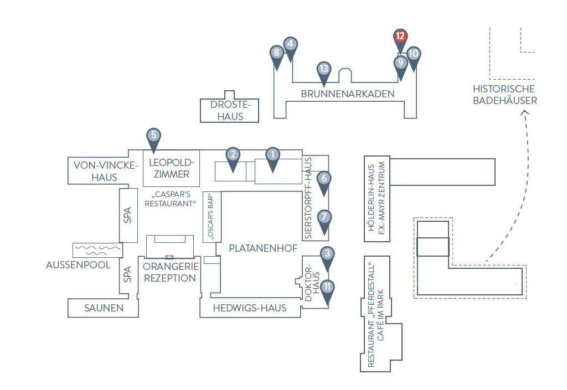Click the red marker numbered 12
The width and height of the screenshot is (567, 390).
[x=400, y=38]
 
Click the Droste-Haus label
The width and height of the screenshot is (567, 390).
[x=230, y=111]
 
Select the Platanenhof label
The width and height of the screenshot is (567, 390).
[x=263, y=248]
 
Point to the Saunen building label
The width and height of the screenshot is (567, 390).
[x=104, y=308]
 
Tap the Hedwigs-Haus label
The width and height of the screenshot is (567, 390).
[x=250, y=308]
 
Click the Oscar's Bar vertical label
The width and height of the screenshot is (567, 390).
[x=210, y=217]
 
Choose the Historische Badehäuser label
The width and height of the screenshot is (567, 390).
[x=505, y=95]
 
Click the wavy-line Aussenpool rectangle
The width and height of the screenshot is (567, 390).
[x=97, y=250]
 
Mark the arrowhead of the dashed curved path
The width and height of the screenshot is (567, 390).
[x=525, y=112]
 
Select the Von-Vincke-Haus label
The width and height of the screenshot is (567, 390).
[x=105, y=171]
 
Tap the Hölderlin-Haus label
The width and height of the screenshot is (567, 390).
[x=370, y=198]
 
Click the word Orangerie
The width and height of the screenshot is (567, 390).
[x=171, y=267]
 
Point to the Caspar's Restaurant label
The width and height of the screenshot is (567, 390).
[x=170, y=199]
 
